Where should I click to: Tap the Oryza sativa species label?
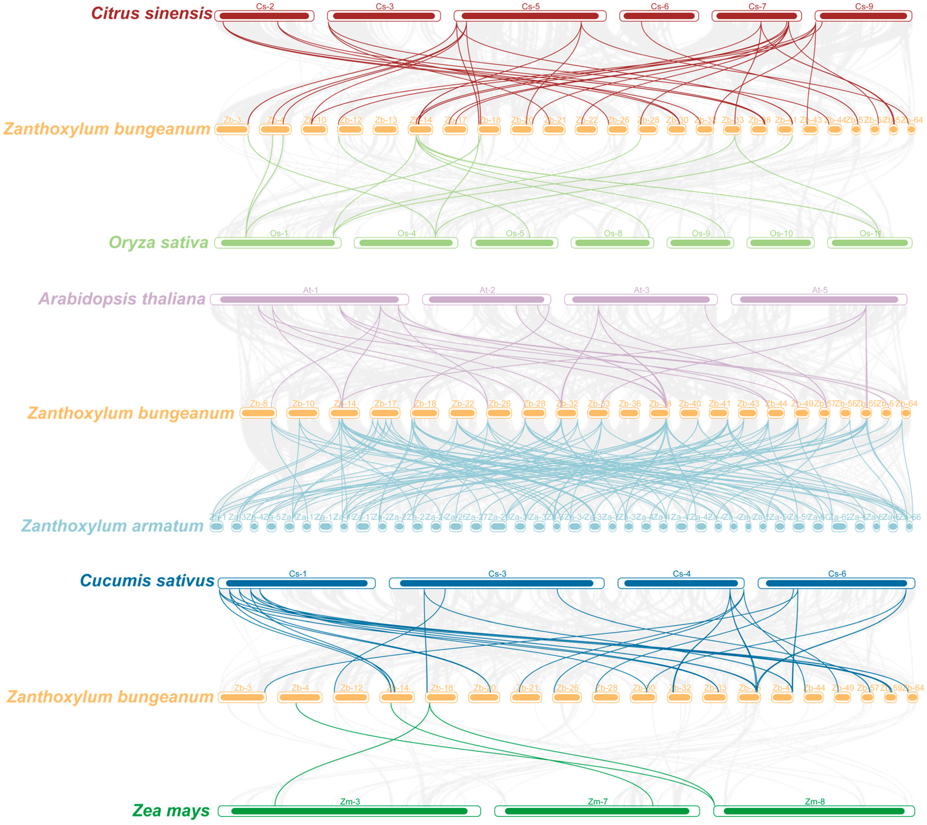[x=158, y=243]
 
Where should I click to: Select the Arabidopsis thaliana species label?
[x=122, y=299]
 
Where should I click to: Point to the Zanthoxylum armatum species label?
[x=112, y=526]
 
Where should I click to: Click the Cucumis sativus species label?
[x=147, y=581]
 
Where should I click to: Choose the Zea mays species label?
[x=171, y=811]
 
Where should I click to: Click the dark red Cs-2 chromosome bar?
[x=265, y=16]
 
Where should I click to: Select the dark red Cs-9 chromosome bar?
[x=864, y=16]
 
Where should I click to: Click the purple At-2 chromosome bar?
[x=486, y=300]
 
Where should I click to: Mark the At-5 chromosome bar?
[x=819, y=300]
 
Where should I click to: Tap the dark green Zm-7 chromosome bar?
[x=597, y=811]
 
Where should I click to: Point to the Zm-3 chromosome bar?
[x=349, y=811]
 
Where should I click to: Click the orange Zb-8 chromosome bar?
[x=258, y=413]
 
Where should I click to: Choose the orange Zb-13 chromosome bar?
[x=386, y=130]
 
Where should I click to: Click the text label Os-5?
[x=515, y=233]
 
